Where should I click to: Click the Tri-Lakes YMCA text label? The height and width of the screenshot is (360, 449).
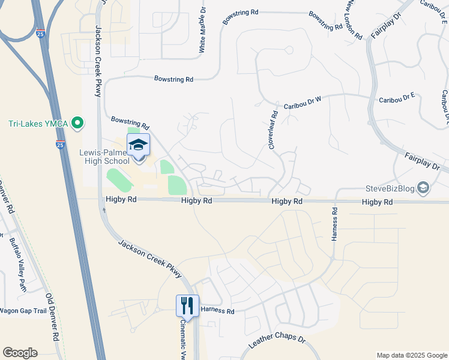37,124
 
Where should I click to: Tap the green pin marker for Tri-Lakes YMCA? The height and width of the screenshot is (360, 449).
77,124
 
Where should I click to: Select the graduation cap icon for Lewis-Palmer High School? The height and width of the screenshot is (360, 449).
138,145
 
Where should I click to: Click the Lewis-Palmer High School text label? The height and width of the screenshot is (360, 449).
104,157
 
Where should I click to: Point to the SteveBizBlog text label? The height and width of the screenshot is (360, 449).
390,188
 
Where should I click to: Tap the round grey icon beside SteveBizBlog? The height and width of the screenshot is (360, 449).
423,188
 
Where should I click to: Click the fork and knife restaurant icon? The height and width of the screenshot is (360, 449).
187,306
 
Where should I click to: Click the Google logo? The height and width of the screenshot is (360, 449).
20,353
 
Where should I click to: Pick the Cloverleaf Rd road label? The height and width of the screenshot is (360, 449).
273,130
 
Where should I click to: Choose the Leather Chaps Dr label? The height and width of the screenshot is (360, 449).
277,346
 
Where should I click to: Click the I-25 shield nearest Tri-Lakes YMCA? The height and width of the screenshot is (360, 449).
60,145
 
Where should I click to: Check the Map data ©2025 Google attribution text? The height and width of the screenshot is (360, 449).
412,355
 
